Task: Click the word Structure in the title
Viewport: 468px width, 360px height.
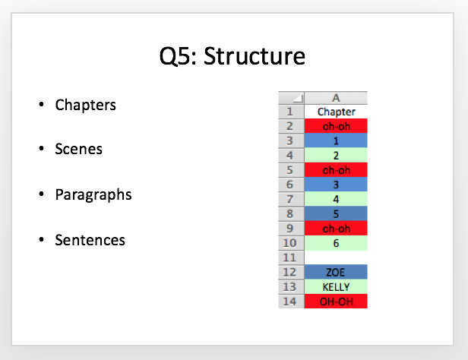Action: coord(255,55)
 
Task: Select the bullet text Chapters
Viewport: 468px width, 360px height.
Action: coord(86,105)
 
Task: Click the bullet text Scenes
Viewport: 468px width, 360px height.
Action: coord(79,149)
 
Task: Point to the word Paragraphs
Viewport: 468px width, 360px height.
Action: coord(93,195)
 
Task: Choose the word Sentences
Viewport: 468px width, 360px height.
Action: coord(90,240)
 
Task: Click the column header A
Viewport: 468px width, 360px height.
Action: coord(336,98)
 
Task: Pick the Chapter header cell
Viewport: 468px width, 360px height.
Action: coord(336,112)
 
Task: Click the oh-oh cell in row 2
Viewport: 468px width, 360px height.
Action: coord(336,126)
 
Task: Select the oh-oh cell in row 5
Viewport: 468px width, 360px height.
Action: coord(336,170)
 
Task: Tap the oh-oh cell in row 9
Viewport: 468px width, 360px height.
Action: coord(336,229)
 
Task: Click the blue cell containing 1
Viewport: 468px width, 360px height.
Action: coord(336,141)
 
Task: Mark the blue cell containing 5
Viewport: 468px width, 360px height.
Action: coord(336,214)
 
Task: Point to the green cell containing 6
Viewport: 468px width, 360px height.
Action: coord(336,243)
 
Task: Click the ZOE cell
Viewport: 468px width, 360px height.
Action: coord(336,273)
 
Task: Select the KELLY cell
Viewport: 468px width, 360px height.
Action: coord(336,287)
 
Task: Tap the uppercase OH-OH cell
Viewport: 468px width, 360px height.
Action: coord(336,302)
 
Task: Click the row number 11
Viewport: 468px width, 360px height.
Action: coord(289,257)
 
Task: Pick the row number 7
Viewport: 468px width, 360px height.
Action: coord(289,199)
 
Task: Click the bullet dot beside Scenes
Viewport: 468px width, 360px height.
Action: coord(42,148)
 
